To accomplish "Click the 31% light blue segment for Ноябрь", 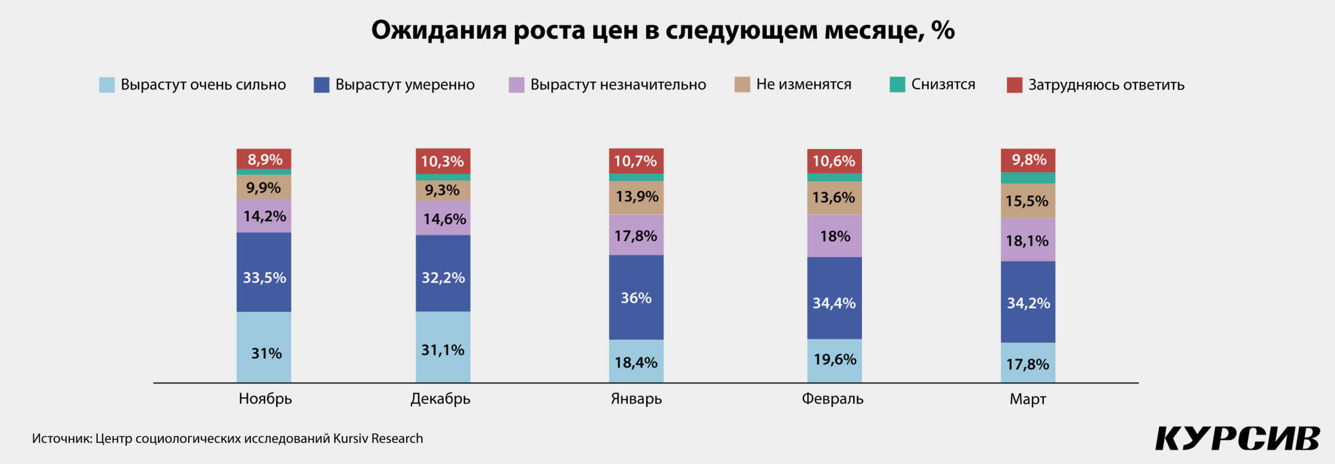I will tap(264, 347).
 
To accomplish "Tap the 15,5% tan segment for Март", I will tap(1028, 201).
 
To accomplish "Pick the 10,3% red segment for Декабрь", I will tap(443, 161).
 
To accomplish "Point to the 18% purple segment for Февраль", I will tap(834, 236).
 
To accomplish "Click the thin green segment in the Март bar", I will tap(1028, 178).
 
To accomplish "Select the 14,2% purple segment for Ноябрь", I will tap(264, 215).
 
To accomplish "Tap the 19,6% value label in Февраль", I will tap(835, 359).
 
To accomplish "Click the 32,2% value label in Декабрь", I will tap(443, 277).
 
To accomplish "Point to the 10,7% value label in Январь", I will tap(635, 161).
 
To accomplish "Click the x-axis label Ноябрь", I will tap(265, 399).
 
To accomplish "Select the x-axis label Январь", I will tap(636, 399).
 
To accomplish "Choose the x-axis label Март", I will tap(1028, 399).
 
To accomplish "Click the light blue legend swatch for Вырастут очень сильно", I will tap(107, 84).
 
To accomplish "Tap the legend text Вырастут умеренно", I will tap(405, 84).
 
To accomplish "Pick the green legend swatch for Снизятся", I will tap(897, 84).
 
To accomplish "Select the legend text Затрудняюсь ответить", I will tap(1106, 84).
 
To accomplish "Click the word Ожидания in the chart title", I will tap(439, 30).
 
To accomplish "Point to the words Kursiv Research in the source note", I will tap(378, 438).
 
